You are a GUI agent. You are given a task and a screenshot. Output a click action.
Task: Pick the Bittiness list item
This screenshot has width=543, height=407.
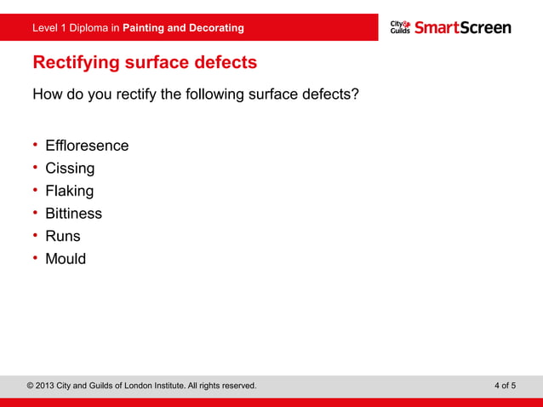[x=73, y=214]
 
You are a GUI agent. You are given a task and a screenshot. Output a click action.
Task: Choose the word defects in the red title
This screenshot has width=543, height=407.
[x=224, y=63]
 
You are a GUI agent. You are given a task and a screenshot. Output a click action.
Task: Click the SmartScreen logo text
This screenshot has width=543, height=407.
[x=463, y=27]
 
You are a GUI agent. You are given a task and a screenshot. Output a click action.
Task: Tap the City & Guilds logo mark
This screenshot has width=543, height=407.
[x=401, y=27]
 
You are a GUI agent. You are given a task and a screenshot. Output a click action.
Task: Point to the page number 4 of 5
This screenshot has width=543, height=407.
[x=505, y=386]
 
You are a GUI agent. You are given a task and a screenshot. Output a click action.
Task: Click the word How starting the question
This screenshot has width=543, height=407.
[x=47, y=94]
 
